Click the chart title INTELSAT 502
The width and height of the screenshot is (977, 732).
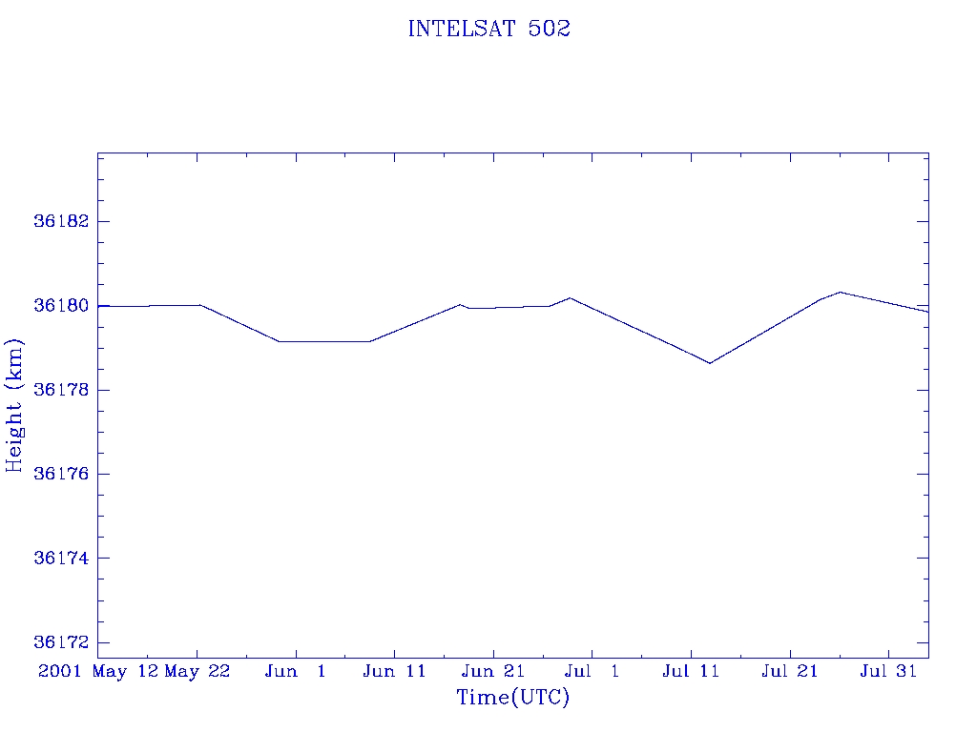pos(488,30)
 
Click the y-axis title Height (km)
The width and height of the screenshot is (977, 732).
pos(14,405)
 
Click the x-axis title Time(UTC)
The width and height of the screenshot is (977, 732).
pos(513,698)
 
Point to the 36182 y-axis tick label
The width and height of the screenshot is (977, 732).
pos(60,221)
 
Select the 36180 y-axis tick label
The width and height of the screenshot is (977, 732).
pos(60,306)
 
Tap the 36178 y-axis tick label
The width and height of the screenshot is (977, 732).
pos(60,390)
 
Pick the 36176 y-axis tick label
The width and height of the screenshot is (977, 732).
pos(60,474)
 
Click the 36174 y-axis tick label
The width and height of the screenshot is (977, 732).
pos(60,558)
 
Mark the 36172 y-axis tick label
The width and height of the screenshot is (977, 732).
pos(60,642)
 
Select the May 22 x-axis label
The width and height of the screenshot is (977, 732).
pos(197,672)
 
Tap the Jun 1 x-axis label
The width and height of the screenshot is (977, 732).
pos(296,672)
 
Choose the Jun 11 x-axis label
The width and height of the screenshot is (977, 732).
pos(395,672)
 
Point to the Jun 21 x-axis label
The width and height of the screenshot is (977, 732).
pos(493,672)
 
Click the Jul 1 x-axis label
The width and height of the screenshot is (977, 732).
pos(592,672)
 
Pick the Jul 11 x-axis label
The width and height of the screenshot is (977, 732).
pos(691,672)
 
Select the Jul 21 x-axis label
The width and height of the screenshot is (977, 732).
pos(790,672)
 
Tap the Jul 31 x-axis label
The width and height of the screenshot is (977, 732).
pos(888,672)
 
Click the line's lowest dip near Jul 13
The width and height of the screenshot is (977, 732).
pos(710,363)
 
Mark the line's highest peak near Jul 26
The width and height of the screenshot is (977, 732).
pos(840,292)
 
